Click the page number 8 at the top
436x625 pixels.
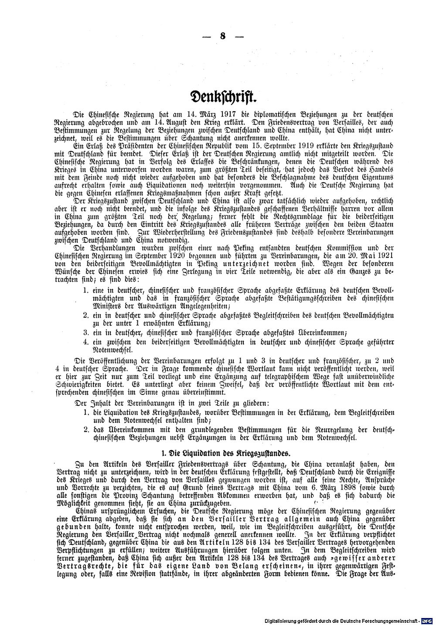[223, 36]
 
